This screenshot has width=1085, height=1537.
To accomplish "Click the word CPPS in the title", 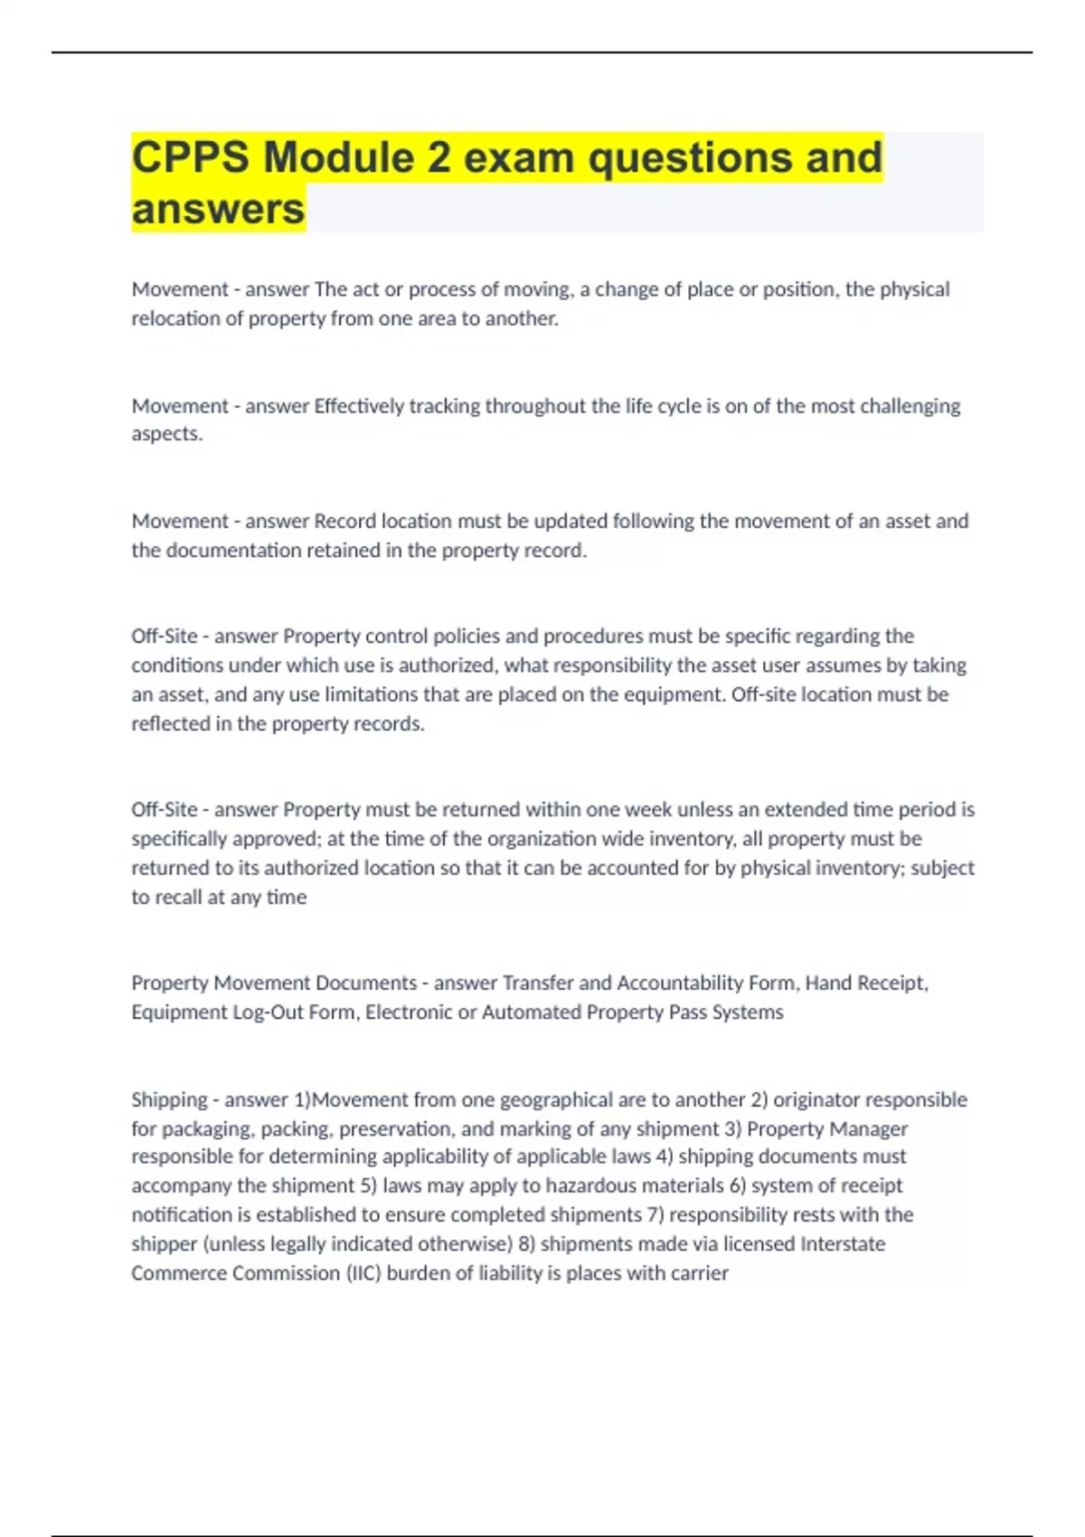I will pos(191,158).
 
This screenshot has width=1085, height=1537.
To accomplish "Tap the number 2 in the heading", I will pos(439,158).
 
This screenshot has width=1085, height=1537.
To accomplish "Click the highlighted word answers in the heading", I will pos(218,210).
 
